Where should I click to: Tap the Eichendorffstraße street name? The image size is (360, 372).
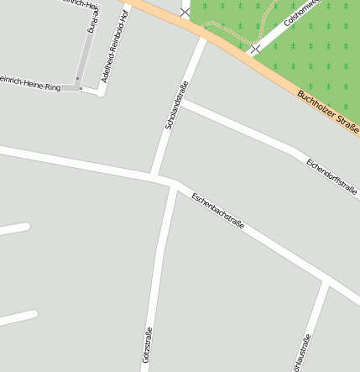point(331,176)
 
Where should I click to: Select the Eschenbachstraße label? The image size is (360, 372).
point(217,212)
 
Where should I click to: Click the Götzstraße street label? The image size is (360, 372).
point(148,348)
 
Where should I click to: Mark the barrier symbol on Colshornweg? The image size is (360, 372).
point(254,49)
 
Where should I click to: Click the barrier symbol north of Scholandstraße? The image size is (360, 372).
point(185,12)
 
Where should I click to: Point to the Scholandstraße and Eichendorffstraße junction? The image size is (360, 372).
point(183,102)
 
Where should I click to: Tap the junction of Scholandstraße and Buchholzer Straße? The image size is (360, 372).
point(204,36)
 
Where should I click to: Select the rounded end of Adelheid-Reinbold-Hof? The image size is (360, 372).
point(102,90)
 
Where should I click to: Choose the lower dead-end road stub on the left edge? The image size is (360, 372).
point(18,318)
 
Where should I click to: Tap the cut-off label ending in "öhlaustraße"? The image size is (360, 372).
point(301,354)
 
